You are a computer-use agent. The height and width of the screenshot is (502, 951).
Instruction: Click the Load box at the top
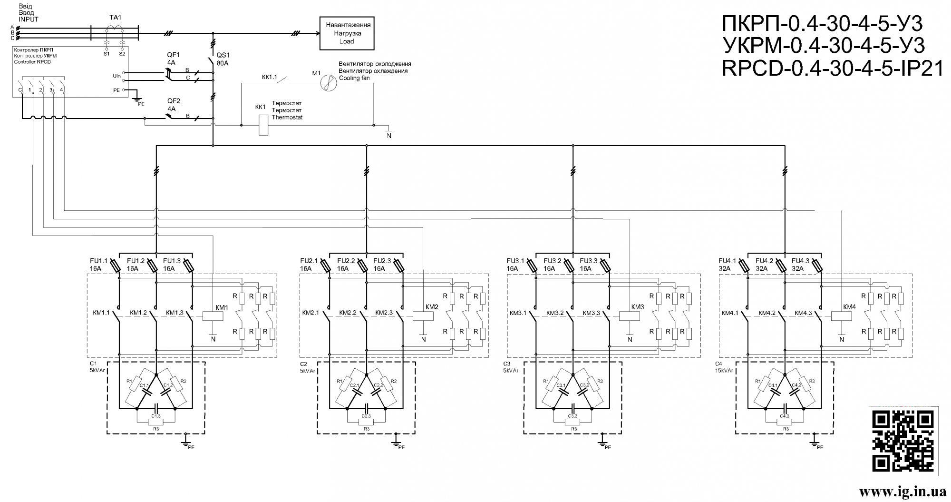pyautogui.click(x=347, y=33)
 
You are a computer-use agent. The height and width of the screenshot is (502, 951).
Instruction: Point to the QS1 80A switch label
pyautogui.click(x=223, y=59)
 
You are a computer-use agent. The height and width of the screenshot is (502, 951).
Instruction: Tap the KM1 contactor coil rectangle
pyautogui.click(x=213, y=315)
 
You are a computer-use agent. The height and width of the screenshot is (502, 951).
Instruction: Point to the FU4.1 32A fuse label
pyautogui.click(x=728, y=265)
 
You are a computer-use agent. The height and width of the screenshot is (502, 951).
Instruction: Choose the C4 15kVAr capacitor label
pyautogui.click(x=724, y=367)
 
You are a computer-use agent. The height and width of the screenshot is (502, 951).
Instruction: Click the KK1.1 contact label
pyautogui.click(x=270, y=76)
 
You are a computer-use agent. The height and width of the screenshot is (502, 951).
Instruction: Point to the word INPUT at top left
pyautogui.click(x=29, y=20)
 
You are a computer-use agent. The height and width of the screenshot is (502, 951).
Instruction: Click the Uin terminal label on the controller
pyautogui.click(x=116, y=76)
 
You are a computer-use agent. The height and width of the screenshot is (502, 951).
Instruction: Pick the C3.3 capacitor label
pyautogui.click(x=573, y=416)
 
